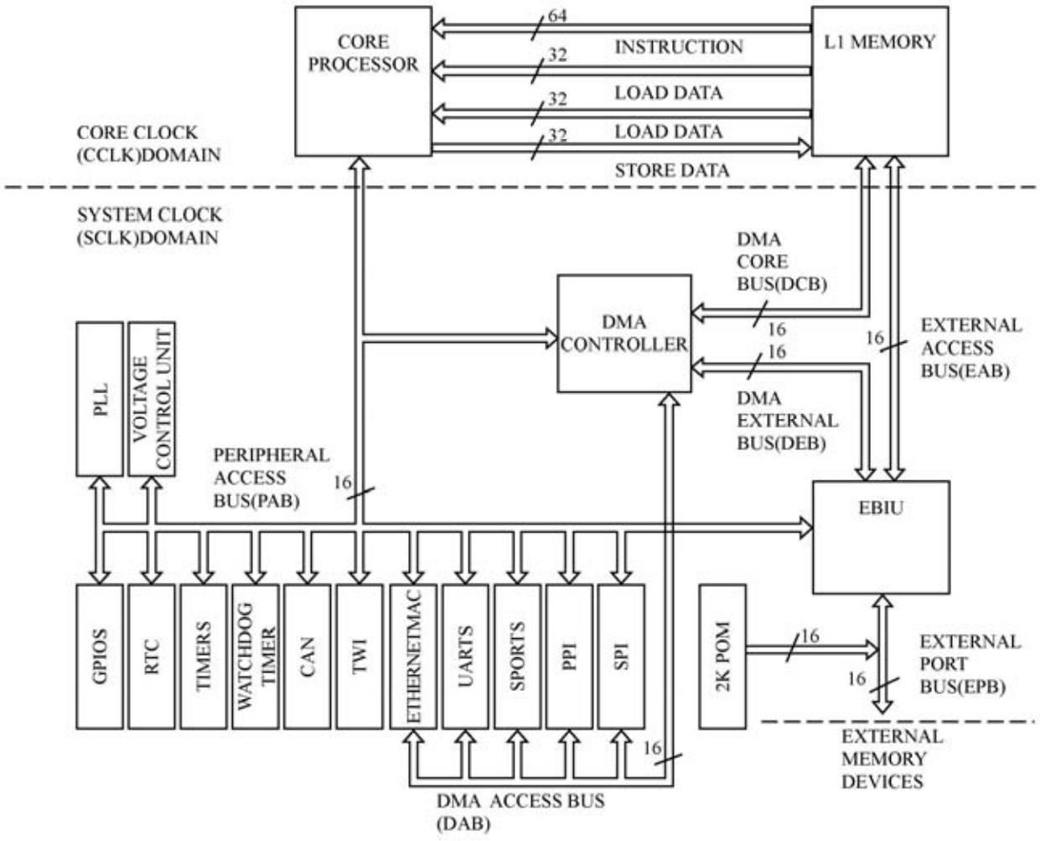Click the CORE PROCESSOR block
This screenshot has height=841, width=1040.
(363, 80)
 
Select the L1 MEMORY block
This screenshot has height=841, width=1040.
(880, 80)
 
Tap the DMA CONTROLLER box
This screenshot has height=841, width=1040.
(624, 333)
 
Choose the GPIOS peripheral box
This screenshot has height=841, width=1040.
(99, 656)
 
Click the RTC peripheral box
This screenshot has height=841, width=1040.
(151, 656)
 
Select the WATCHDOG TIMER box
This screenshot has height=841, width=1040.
(255, 656)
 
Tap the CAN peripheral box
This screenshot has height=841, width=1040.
(307, 656)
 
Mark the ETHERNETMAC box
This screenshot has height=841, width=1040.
(413, 656)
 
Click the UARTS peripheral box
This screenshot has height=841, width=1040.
(465, 656)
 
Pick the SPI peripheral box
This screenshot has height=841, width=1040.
(621, 656)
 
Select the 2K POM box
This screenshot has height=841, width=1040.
(722, 656)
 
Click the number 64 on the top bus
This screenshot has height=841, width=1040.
(557, 16)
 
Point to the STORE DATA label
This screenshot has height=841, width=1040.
(672, 170)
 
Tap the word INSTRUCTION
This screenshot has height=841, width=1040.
(679, 47)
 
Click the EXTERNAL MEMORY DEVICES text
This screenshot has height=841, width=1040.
(892, 759)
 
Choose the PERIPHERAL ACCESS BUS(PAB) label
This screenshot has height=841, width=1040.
(271, 478)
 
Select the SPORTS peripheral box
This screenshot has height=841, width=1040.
(517, 656)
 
